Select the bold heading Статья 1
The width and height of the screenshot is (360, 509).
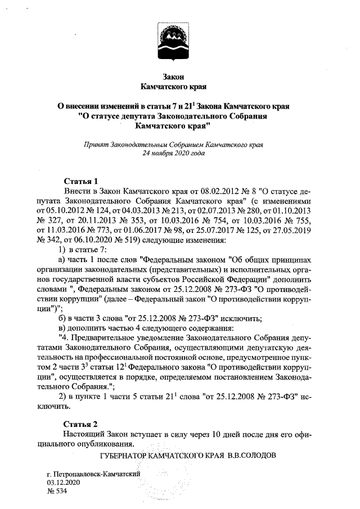(x=80, y=181)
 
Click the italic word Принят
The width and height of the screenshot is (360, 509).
(x=96, y=144)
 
